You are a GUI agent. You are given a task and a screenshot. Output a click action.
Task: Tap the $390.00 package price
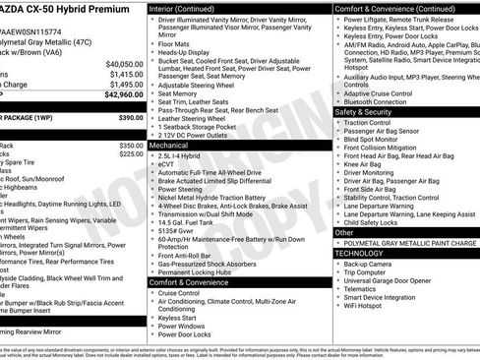coord(131,117)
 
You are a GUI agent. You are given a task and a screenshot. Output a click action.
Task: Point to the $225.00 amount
coord(132,154)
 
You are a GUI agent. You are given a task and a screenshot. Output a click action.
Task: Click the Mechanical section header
coord(172,144)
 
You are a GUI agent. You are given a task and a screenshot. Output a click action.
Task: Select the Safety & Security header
coord(370,112)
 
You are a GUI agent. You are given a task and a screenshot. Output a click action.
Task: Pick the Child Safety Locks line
coord(373,222)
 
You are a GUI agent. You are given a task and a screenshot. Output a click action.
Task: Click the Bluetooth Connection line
coord(375,101)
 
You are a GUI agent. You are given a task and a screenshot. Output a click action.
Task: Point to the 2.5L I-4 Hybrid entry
coord(180,155)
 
